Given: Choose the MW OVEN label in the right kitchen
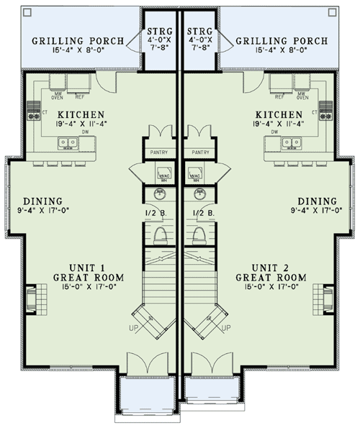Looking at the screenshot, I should (x=300, y=94).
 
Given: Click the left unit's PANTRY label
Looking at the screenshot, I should (x=158, y=152).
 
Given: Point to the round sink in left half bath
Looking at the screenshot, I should (x=160, y=196).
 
